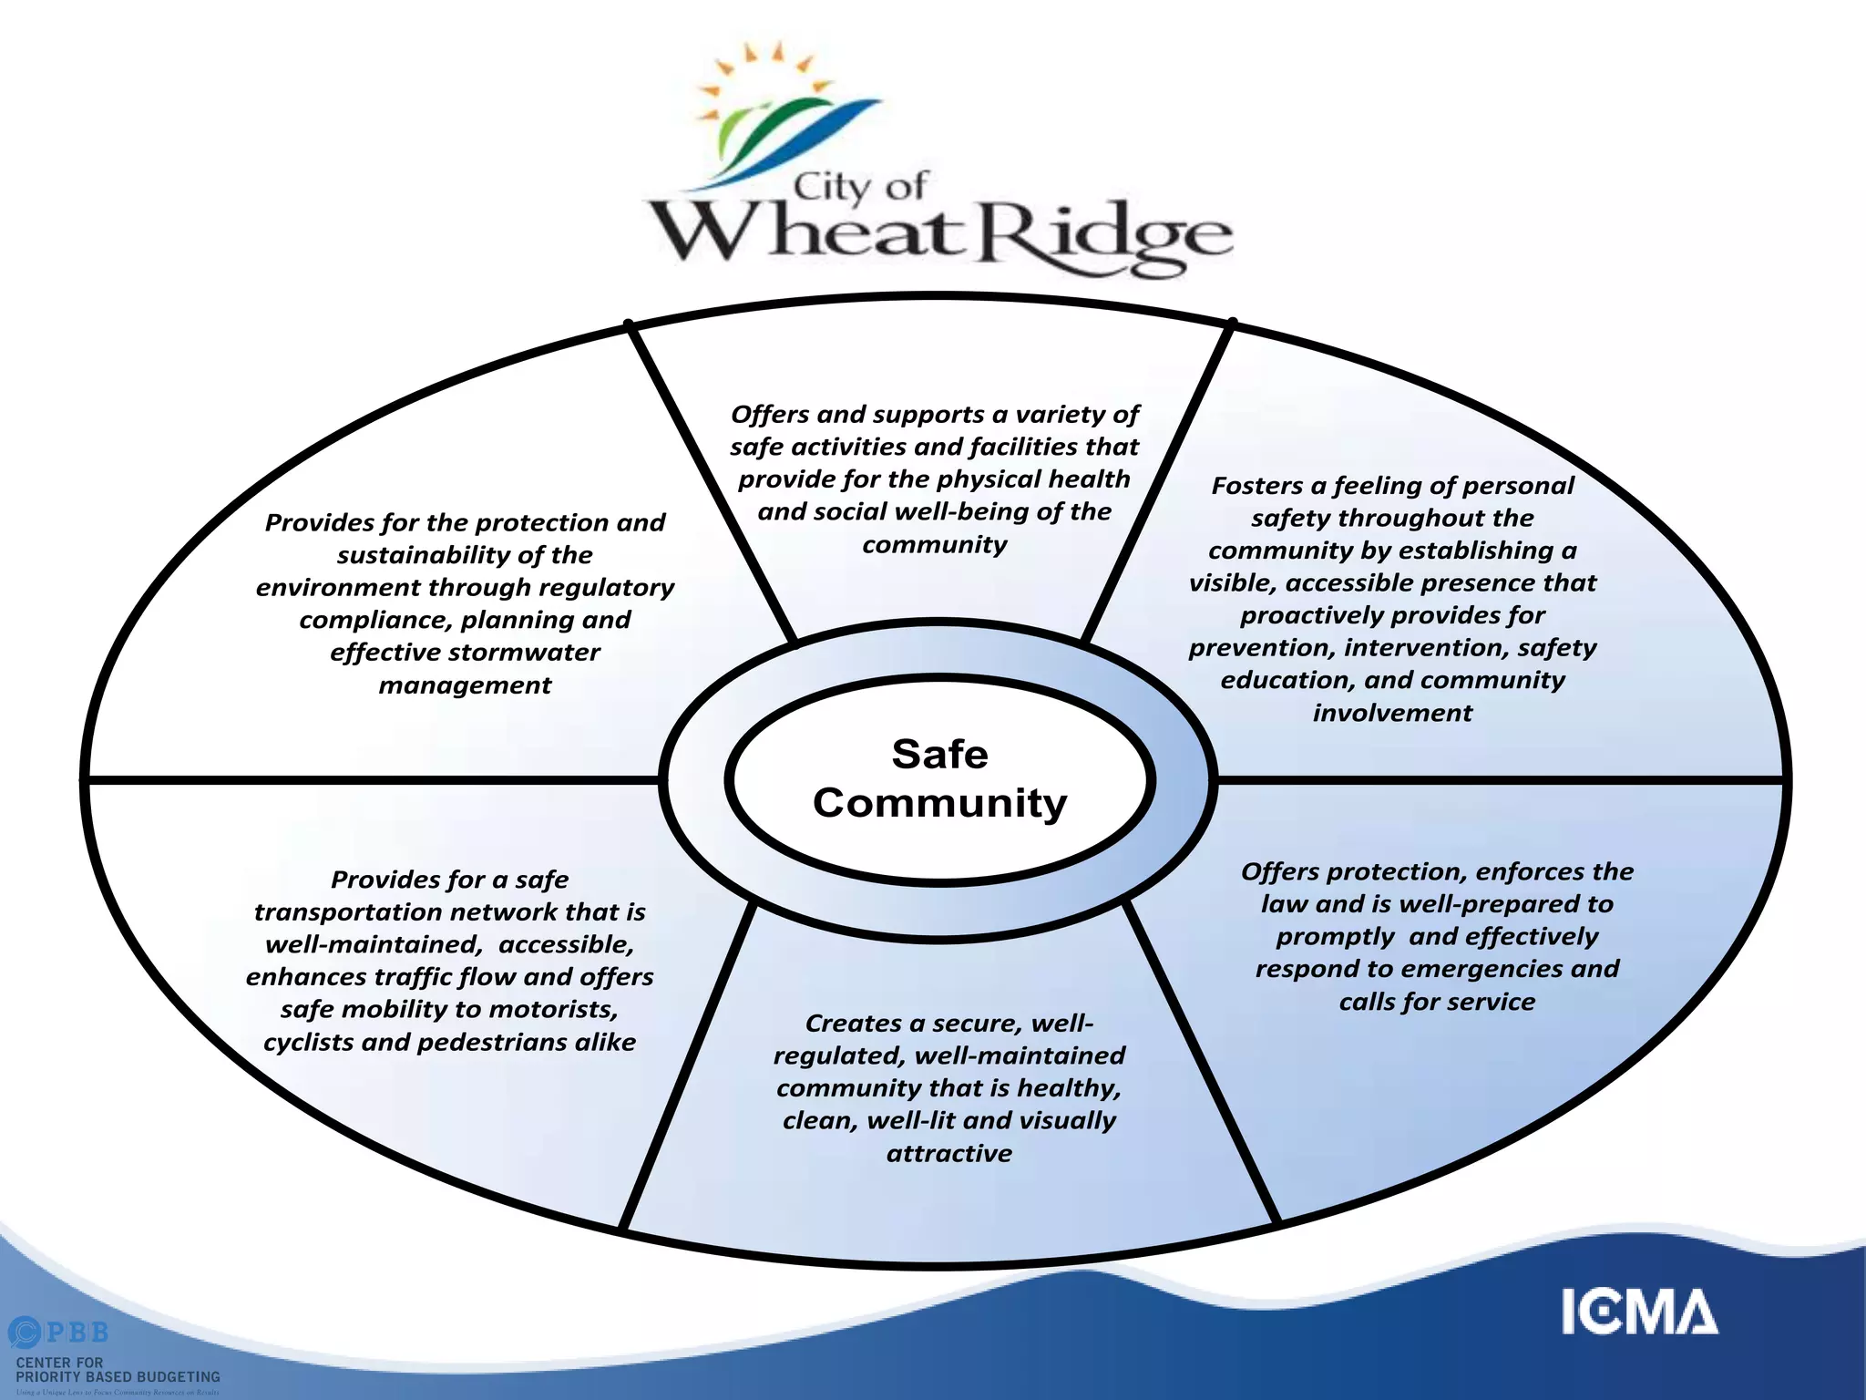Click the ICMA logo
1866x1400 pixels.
click(x=1639, y=1312)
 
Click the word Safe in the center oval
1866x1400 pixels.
click(x=939, y=755)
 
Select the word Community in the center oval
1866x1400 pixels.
click(x=939, y=803)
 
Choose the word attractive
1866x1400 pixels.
click(x=949, y=1154)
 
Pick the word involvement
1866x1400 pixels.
click(x=1392, y=713)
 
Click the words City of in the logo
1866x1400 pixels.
click(x=859, y=187)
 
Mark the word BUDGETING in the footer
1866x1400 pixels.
click(x=172, y=1376)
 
